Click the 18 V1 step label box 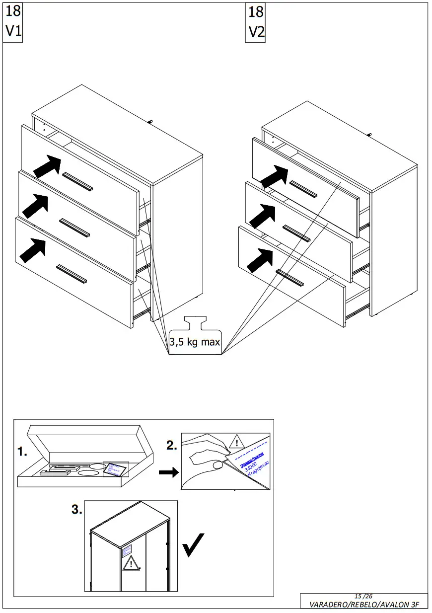click(x=13, y=22)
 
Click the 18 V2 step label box click(x=256, y=22)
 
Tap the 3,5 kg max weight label click(x=195, y=342)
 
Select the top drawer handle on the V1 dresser click(x=78, y=181)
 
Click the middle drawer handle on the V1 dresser click(x=74, y=227)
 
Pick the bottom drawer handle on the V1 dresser click(x=72, y=274)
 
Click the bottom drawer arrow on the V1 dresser click(x=33, y=251)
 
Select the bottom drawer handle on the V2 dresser click(x=289, y=278)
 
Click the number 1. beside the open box click(x=22, y=452)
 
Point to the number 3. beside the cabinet click(x=76, y=510)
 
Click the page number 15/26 click(x=363, y=596)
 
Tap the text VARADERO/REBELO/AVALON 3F click(x=364, y=605)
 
